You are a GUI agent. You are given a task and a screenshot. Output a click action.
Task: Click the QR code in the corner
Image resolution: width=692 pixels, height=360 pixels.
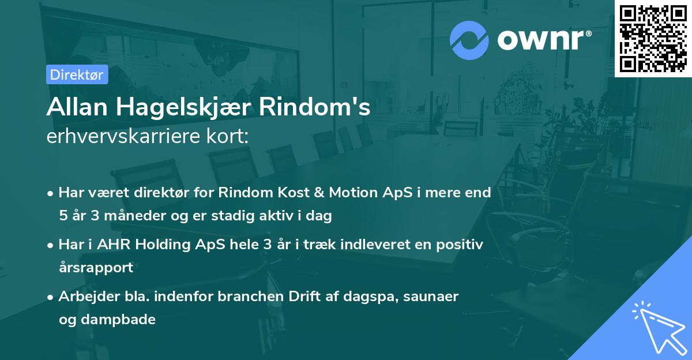pyautogui.click(x=653, y=39)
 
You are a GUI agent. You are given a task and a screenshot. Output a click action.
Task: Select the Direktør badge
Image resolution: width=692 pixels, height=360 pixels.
pyautogui.click(x=77, y=74)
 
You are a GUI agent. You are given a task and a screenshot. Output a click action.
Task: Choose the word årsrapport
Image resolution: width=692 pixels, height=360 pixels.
pyautogui.click(x=96, y=268)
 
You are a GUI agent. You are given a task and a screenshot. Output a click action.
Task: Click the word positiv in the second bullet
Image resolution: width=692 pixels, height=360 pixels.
pyautogui.click(x=461, y=244)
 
